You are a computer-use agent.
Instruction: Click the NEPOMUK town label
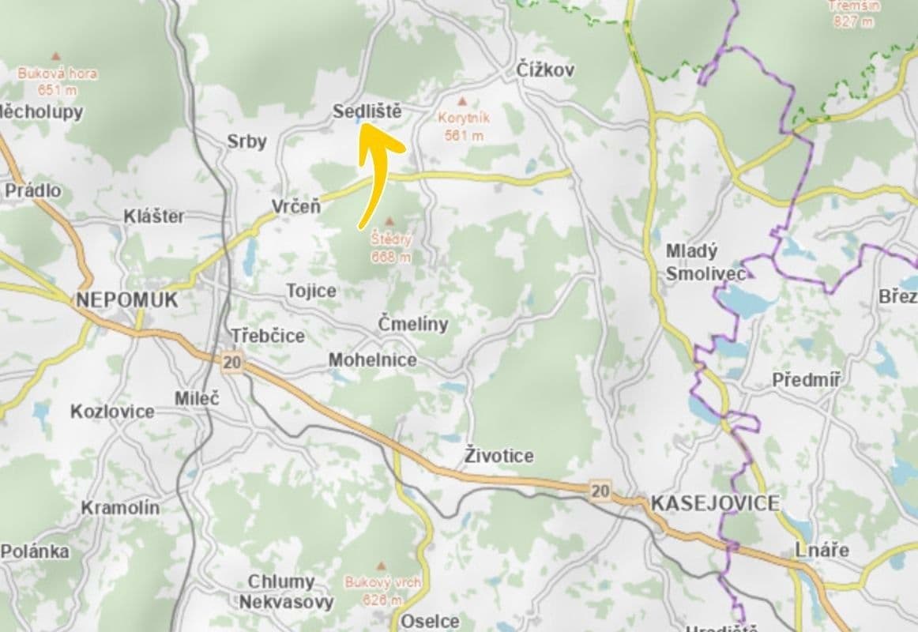pos(126,300)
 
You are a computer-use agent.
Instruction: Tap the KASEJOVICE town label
pos(715,503)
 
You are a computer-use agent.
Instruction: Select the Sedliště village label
pos(367,111)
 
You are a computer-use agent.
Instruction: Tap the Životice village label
pos(499,456)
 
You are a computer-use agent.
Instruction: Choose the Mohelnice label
pos(372,360)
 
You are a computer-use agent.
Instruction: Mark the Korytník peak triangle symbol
pos(463,101)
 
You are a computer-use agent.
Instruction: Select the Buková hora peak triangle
pos(55,56)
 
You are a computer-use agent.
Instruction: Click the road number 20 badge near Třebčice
pos(231,363)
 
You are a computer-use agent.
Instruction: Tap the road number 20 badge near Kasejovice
pos(600,491)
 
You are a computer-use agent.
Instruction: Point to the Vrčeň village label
pos(296,207)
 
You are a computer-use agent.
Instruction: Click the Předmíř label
pos(806,380)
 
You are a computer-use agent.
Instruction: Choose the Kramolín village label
pos(120,508)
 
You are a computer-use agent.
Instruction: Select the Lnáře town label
pos(822,550)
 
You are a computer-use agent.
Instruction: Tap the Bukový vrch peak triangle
pos(382,566)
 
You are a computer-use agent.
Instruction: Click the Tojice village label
pos(311,291)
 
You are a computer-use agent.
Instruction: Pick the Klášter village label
pos(154,216)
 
